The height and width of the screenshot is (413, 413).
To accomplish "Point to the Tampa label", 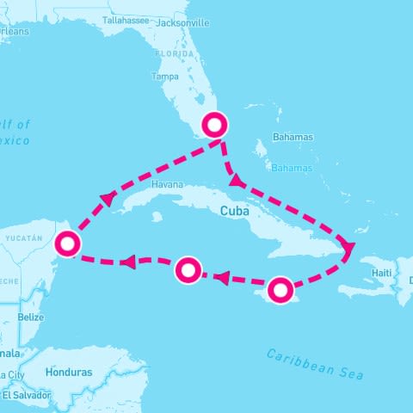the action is point(164,76).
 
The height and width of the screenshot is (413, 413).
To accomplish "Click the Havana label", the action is point(167,185).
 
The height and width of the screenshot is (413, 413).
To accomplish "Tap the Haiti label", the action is point(382,273).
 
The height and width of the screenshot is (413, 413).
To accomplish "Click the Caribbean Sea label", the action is point(315,364).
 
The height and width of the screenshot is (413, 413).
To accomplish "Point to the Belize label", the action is point(31,317).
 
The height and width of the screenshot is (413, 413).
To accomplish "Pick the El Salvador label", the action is point(26,395).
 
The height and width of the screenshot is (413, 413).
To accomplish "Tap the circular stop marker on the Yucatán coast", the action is point(67,245).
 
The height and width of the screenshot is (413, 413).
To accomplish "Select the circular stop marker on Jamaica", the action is point(280,290).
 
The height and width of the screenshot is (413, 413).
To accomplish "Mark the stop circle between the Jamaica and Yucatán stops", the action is point(188,271).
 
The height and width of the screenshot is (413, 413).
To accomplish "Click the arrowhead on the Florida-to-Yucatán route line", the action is point(108,200).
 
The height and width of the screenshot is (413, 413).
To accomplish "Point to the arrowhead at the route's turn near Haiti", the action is point(348,250).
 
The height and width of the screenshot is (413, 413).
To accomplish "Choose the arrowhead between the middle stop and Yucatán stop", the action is point(127,262).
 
